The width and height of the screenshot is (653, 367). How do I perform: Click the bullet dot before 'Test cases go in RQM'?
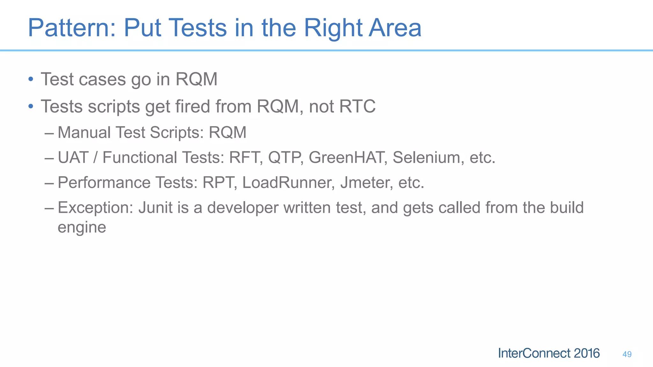point(31,79)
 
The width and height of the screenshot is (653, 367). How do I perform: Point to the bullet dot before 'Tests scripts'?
point(31,106)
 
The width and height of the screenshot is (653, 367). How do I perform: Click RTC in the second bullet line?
point(357,106)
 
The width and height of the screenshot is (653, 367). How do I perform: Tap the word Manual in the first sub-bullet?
point(84,132)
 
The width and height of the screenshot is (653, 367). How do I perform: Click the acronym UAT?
point(73,157)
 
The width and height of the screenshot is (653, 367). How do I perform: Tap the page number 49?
point(627,354)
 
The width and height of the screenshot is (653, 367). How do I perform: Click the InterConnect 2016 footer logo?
point(549,353)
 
